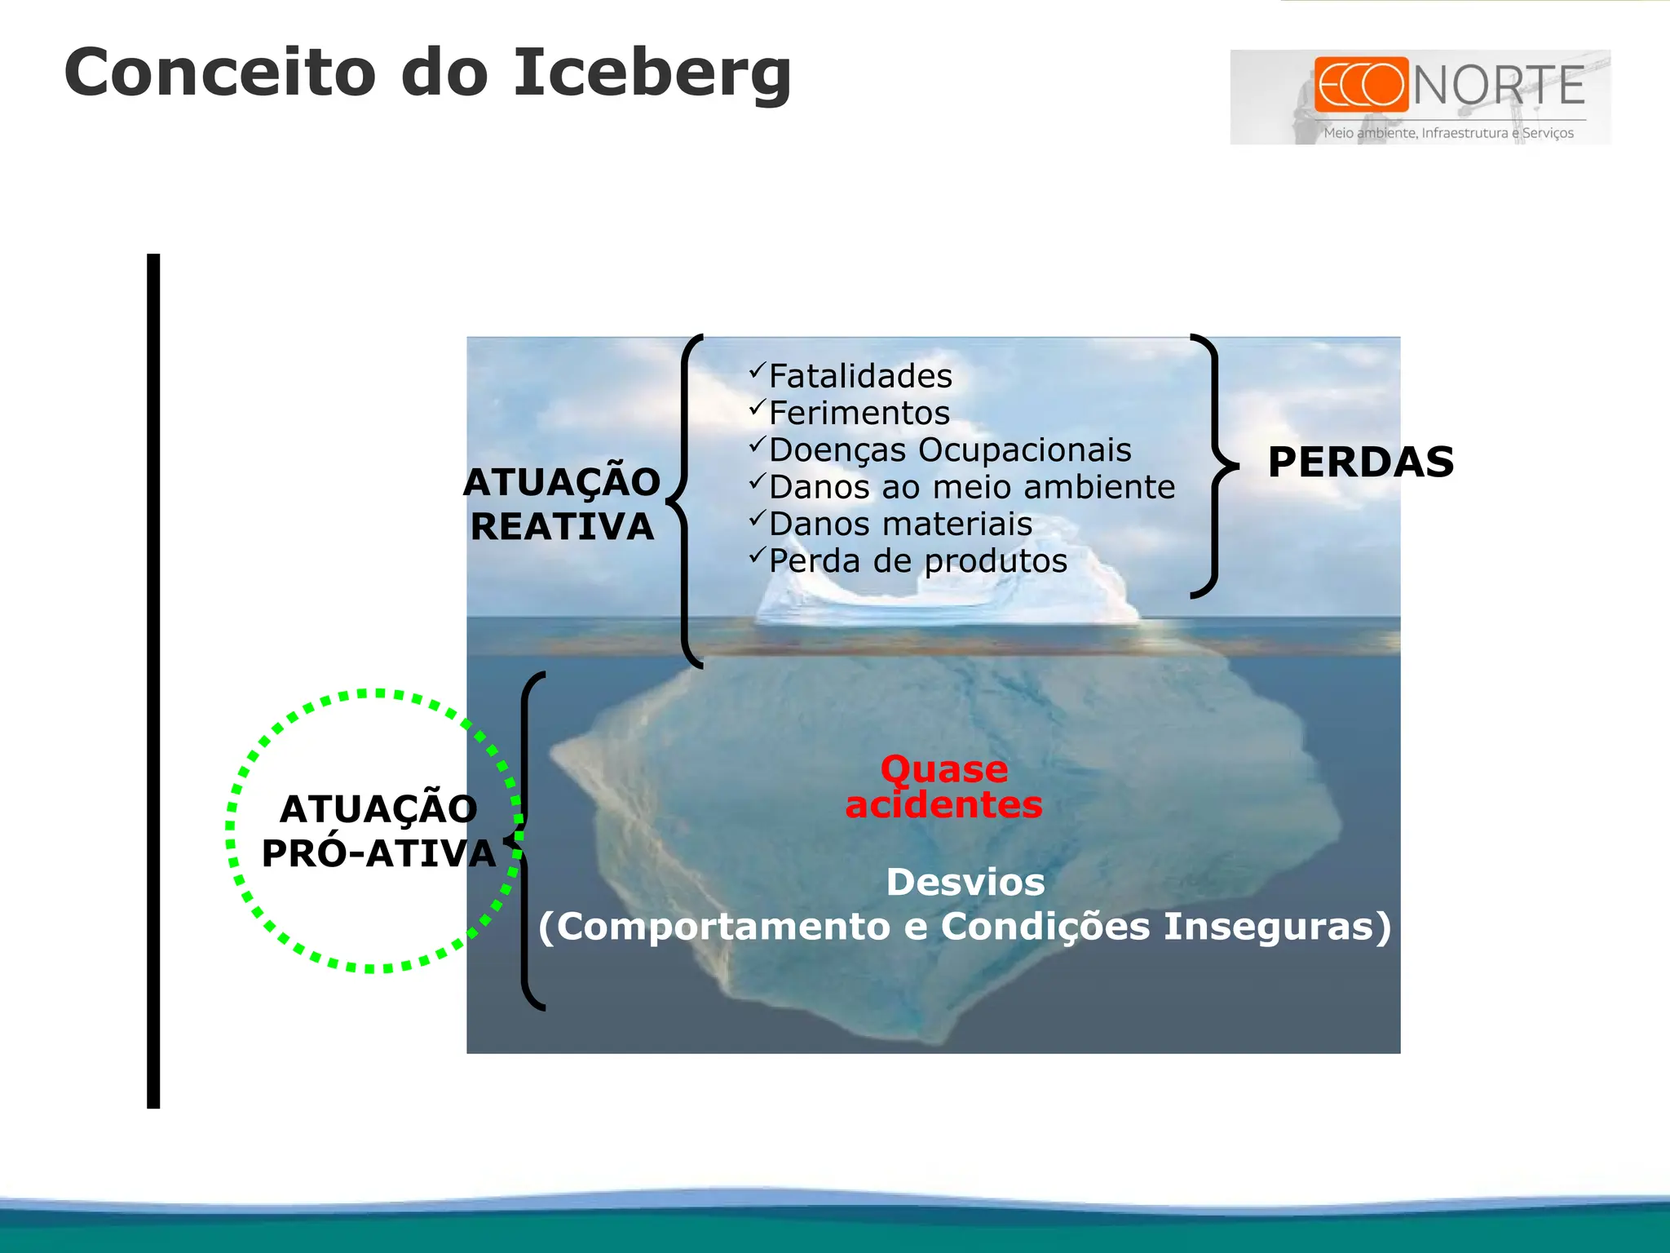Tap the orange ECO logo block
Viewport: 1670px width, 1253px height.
tap(1361, 84)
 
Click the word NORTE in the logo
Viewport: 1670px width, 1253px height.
tap(1499, 86)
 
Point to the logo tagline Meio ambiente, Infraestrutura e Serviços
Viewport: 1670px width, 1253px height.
tap(1448, 133)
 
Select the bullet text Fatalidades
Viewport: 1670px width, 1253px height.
tap(860, 376)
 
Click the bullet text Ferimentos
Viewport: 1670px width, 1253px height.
tap(859, 413)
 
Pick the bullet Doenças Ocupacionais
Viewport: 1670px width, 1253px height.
tap(950, 450)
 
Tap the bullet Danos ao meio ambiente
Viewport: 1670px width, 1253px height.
tap(971, 487)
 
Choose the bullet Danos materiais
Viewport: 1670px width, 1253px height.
tap(900, 524)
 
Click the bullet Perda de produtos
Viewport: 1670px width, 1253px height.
tap(917, 561)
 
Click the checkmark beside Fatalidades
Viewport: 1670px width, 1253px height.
tap(758, 370)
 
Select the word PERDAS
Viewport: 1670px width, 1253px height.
tap(1361, 463)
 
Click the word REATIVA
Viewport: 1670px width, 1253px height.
tap(563, 527)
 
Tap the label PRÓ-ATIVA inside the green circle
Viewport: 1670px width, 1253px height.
tap(378, 854)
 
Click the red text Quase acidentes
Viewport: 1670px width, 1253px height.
tap(944, 787)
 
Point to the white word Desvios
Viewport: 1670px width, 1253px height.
tap(965, 883)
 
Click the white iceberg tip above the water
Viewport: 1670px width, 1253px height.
tap(946, 600)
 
